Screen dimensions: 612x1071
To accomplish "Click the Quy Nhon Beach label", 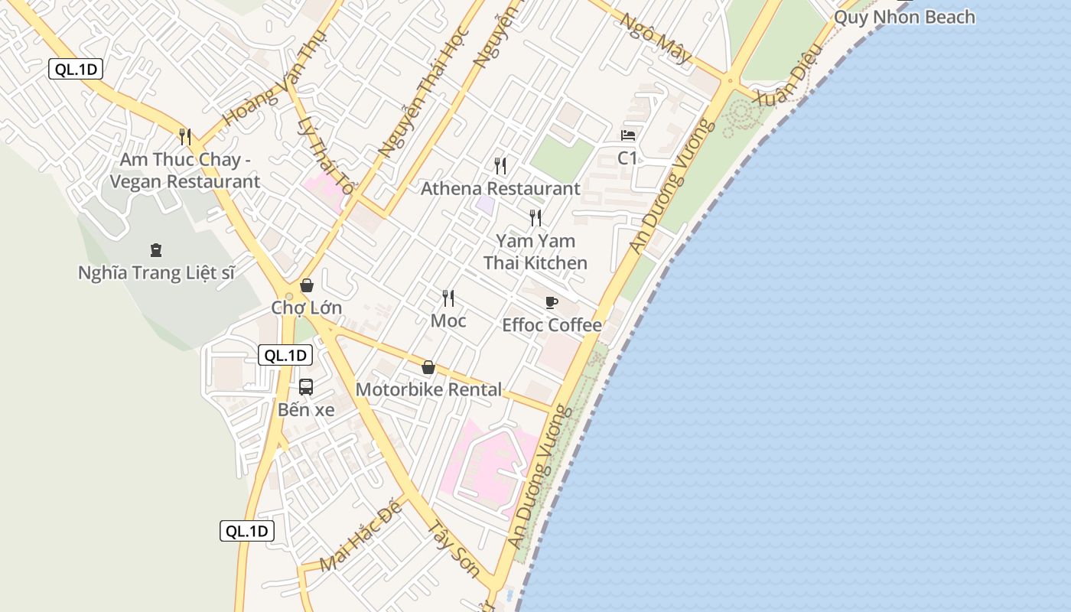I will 904,17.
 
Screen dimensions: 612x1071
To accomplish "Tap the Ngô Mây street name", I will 656,39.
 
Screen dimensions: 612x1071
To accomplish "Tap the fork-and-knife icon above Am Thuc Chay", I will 185,137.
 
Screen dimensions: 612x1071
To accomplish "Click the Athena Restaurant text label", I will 500,188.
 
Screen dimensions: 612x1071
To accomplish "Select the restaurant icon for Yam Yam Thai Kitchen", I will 535,218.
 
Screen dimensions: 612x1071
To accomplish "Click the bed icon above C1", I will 628,135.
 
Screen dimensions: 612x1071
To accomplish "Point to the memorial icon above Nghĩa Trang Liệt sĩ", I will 156,249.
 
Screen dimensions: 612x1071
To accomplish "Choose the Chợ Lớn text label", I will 306,308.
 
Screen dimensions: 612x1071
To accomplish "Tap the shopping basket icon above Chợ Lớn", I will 307,285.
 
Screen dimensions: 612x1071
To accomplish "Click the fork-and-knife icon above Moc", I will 448,298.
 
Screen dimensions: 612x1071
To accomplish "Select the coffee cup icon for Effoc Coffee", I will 552,302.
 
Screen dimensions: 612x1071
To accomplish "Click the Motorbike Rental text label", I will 428,389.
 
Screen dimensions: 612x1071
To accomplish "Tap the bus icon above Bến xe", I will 306,387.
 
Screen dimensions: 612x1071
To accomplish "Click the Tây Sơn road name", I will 453,549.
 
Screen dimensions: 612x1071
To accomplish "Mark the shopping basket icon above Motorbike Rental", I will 428,367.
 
